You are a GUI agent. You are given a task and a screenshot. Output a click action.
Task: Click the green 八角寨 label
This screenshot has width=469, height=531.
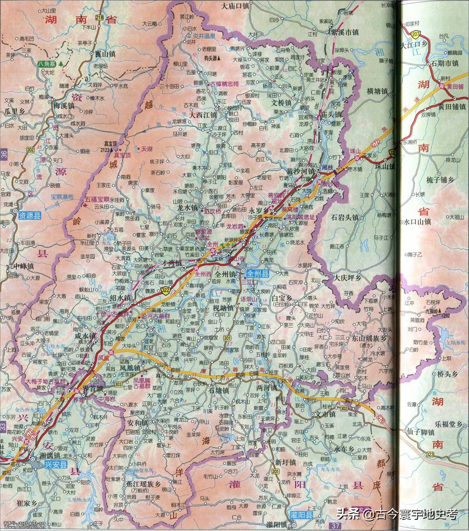pos(47,63)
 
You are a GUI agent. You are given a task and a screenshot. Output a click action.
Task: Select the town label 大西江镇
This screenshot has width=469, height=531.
pos(203,115)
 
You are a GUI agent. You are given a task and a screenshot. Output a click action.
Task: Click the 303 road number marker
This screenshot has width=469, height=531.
pos(118,386)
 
